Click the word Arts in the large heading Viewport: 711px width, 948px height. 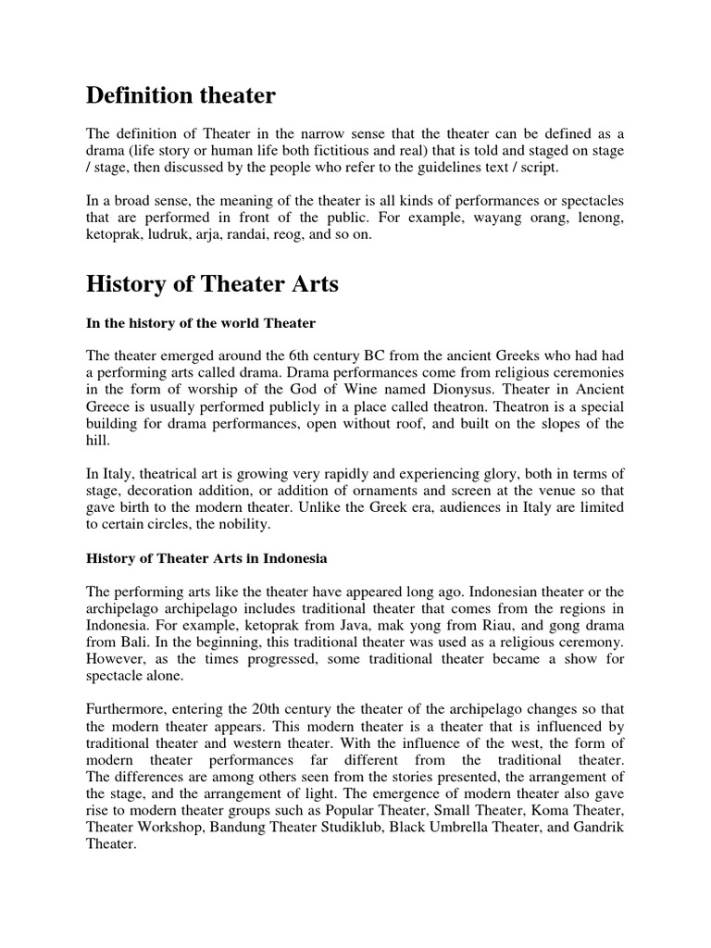pos(312,284)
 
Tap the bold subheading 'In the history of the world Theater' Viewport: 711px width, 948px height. pos(201,322)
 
